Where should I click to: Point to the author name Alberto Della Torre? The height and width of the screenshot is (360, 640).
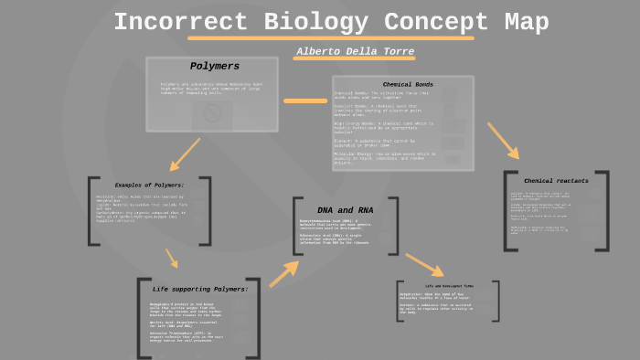(x=356, y=51)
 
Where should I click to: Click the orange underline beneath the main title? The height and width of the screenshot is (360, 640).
(x=331, y=38)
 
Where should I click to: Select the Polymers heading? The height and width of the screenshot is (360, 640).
(x=215, y=67)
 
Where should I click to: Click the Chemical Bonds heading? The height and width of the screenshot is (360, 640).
(x=408, y=84)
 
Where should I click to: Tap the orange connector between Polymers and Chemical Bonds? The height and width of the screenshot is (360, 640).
(x=305, y=101)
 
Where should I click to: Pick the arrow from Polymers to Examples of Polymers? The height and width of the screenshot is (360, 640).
(x=186, y=154)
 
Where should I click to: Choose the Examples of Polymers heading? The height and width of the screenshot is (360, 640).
(x=150, y=185)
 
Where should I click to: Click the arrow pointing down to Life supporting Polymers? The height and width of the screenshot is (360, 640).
(x=171, y=258)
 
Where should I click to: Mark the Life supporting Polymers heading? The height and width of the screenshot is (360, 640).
(x=200, y=289)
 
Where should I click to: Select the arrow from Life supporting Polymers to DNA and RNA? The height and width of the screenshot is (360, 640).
(x=284, y=270)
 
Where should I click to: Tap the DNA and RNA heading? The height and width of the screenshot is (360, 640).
(x=345, y=210)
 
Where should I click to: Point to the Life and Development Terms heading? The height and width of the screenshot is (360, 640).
(x=449, y=285)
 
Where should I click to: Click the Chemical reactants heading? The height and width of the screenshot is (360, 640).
(x=556, y=181)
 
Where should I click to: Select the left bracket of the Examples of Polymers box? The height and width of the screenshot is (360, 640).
(x=93, y=211)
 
